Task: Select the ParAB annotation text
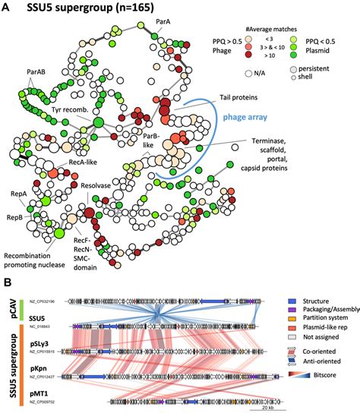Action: coord(38,73)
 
